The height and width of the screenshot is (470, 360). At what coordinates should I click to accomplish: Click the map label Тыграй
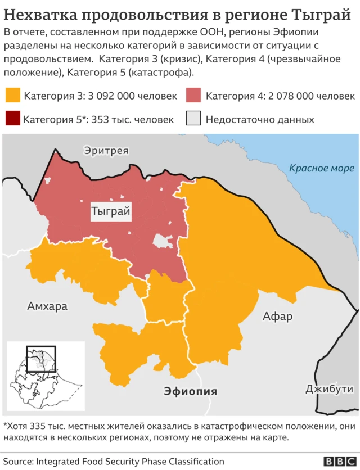coord(111,212)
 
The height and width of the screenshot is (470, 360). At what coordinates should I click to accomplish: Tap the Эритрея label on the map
coord(106,151)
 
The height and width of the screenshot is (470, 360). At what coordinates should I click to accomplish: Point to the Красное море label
coord(321,168)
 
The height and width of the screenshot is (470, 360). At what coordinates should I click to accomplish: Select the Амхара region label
coord(47,306)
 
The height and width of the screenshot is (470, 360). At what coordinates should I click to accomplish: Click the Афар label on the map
coord(277,317)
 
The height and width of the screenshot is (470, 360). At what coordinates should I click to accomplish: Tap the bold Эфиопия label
coord(190,392)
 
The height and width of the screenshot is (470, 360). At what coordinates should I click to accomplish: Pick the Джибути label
coord(329,388)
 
